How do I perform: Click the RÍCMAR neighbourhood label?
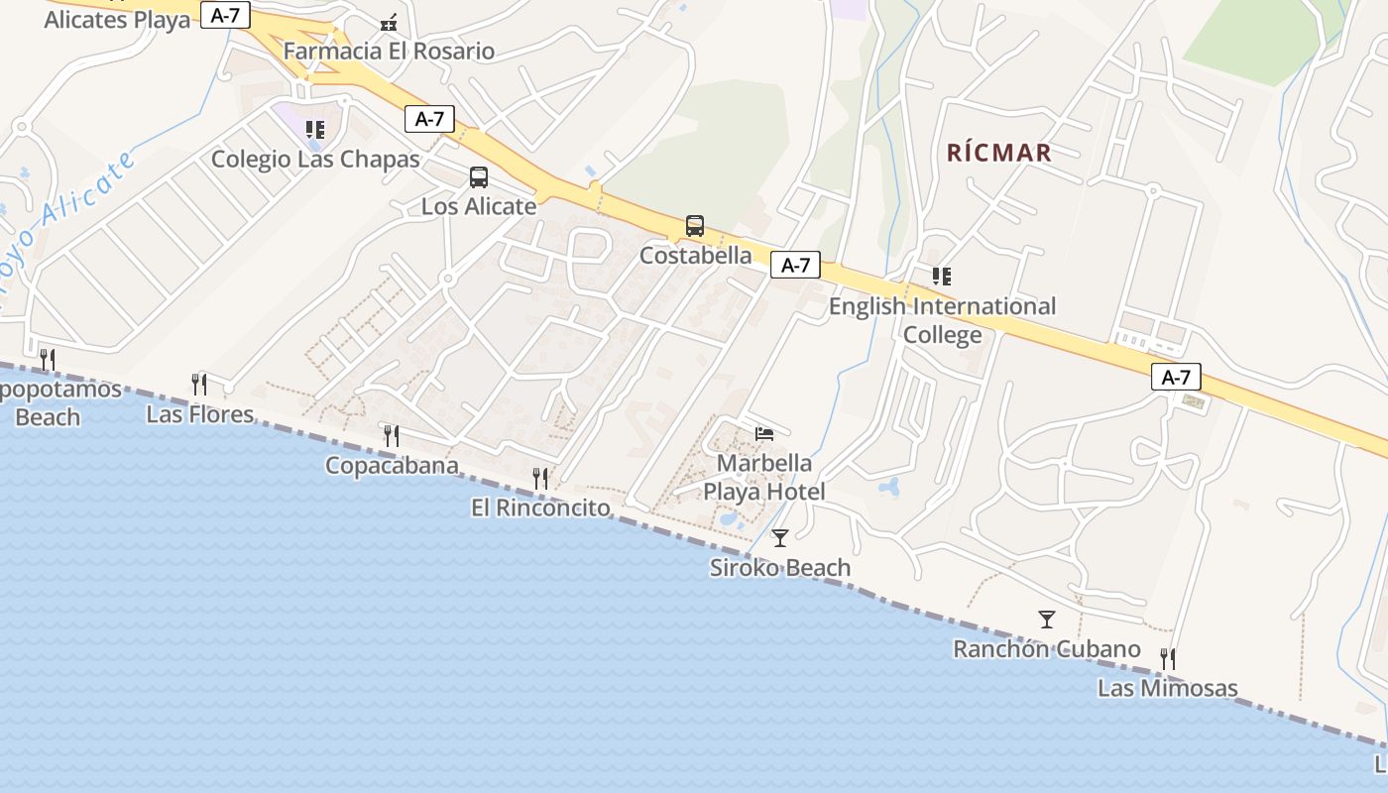(998, 153)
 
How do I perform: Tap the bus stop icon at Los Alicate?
(479, 177)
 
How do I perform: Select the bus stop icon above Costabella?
(695, 226)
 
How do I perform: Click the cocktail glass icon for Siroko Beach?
(780, 538)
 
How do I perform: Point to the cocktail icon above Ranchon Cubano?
(1047, 620)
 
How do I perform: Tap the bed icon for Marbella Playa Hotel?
(764, 433)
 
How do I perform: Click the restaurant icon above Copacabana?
(392, 435)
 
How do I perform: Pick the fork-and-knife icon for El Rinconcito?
(540, 479)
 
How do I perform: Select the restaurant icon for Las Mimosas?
(1168, 658)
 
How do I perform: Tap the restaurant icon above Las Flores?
(199, 384)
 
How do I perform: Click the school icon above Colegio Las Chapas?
(315, 130)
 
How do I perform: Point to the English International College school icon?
(941, 277)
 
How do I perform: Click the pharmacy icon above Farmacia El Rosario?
(389, 22)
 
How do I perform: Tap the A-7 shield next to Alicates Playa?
(225, 15)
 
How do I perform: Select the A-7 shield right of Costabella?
(795, 265)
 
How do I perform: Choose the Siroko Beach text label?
(780, 568)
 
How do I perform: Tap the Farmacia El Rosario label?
(389, 51)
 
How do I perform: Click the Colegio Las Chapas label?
(315, 159)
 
